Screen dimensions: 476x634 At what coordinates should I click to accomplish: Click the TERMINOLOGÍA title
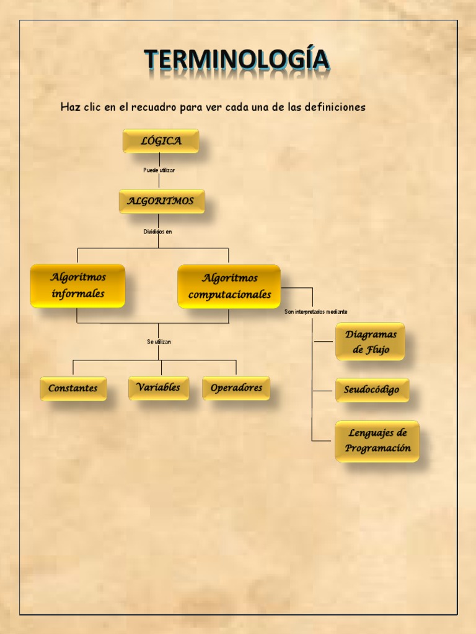(x=237, y=61)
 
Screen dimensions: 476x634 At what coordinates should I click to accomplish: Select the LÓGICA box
(x=161, y=141)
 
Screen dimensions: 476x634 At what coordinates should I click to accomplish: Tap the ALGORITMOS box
(x=161, y=201)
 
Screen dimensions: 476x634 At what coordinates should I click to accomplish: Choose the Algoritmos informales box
(x=77, y=285)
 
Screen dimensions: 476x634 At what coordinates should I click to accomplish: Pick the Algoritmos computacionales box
(x=229, y=286)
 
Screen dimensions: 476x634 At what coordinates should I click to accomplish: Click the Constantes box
(x=73, y=388)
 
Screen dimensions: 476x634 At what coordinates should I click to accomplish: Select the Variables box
(x=159, y=388)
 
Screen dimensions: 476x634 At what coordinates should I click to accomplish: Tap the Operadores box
(x=236, y=388)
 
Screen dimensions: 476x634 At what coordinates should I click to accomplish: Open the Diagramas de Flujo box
(x=370, y=342)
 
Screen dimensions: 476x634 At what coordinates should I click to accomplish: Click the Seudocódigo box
(x=372, y=390)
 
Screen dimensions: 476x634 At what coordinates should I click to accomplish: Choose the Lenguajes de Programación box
(x=377, y=441)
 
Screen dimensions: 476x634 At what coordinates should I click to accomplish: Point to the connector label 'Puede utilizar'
(x=159, y=170)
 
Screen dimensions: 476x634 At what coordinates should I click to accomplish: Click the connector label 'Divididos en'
(x=158, y=232)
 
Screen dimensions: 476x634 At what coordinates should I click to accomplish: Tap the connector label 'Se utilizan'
(x=159, y=341)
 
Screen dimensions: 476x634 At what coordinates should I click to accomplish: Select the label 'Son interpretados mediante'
(x=316, y=311)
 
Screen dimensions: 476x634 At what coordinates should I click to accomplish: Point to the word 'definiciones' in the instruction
(x=335, y=107)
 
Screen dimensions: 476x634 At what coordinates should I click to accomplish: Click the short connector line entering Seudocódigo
(x=324, y=391)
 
